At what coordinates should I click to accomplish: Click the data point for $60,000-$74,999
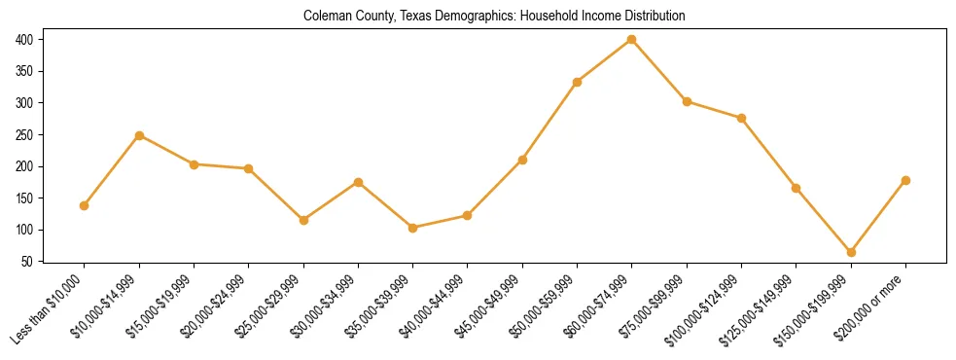pyautogui.click(x=632, y=39)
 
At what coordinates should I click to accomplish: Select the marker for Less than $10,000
pyautogui.click(x=85, y=205)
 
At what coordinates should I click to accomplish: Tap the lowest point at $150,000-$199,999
pyautogui.click(x=851, y=252)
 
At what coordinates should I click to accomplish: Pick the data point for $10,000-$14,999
pyautogui.click(x=139, y=135)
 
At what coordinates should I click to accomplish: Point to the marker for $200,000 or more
pyautogui.click(x=905, y=180)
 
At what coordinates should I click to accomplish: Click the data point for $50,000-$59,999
pyautogui.click(x=578, y=82)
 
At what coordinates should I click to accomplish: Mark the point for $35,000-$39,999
pyautogui.click(x=413, y=228)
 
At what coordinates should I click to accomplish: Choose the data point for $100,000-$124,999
pyautogui.click(x=741, y=118)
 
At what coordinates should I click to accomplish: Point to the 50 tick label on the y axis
pyautogui.click(x=27, y=262)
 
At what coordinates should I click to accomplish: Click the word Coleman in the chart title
pyautogui.click(x=326, y=17)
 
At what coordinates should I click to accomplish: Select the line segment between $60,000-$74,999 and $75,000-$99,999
pyautogui.click(x=659, y=70)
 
